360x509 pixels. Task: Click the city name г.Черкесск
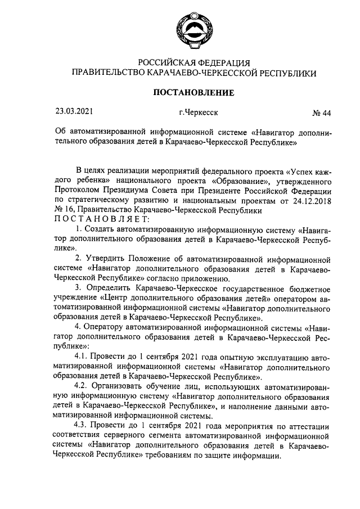pyautogui.click(x=199, y=112)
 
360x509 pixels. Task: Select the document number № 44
pyautogui.click(x=321, y=113)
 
